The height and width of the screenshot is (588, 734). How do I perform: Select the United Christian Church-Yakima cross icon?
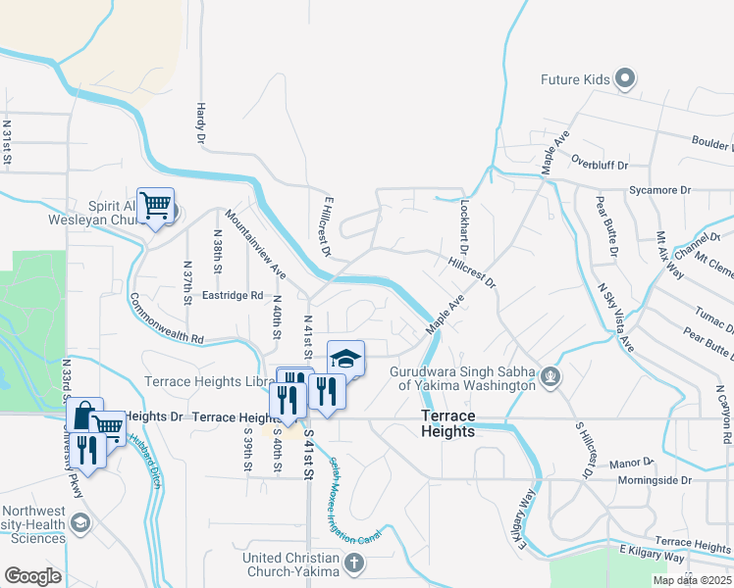(x=354, y=563)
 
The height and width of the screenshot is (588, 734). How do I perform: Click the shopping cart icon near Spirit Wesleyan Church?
(x=155, y=206)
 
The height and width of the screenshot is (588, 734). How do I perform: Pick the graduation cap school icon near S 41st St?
(x=345, y=358)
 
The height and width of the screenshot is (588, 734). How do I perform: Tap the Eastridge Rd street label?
(x=233, y=294)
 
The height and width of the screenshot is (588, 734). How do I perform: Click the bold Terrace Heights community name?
(x=448, y=423)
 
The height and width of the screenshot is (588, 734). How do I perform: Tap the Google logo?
(x=32, y=575)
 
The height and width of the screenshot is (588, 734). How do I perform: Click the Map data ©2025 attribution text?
(x=692, y=580)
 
